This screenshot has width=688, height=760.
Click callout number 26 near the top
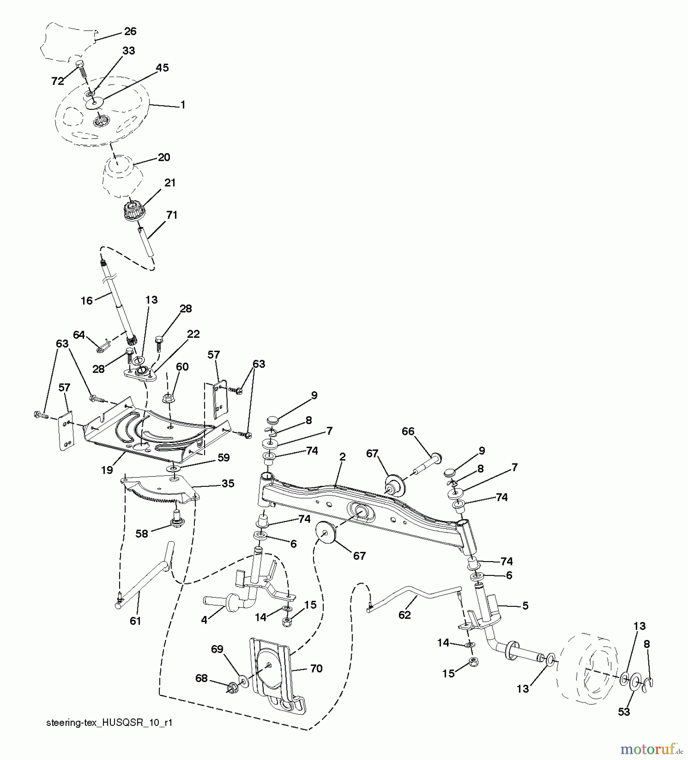coord(130,31)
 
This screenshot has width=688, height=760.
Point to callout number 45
coord(162,68)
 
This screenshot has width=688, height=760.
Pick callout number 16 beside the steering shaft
coord(87,301)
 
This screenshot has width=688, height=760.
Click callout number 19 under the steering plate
coord(107,470)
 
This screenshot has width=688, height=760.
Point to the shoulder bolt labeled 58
coord(177,521)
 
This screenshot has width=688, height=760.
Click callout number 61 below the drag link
coord(135,621)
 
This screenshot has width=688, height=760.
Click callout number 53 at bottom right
coord(624,711)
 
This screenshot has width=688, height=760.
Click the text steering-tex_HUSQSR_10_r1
coord(109,722)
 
